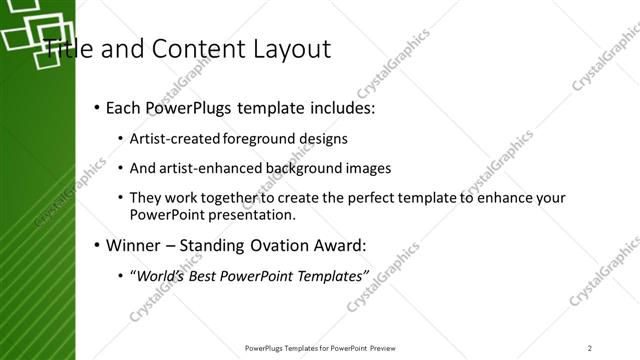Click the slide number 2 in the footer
[590, 348]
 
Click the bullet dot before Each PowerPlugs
[96, 108]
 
